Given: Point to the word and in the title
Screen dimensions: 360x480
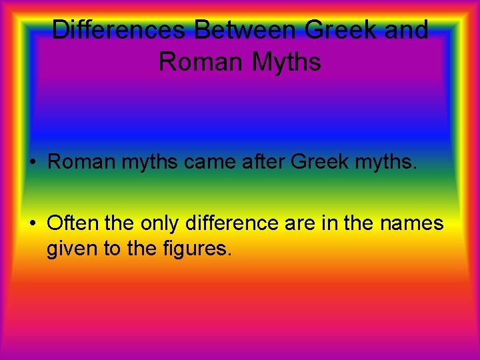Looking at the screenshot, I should pos(406,30).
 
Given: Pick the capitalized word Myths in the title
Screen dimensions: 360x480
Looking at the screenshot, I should pos(287,62).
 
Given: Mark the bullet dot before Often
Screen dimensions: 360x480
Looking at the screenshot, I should pos(33,223).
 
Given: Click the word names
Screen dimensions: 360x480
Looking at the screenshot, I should pos(412,223).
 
